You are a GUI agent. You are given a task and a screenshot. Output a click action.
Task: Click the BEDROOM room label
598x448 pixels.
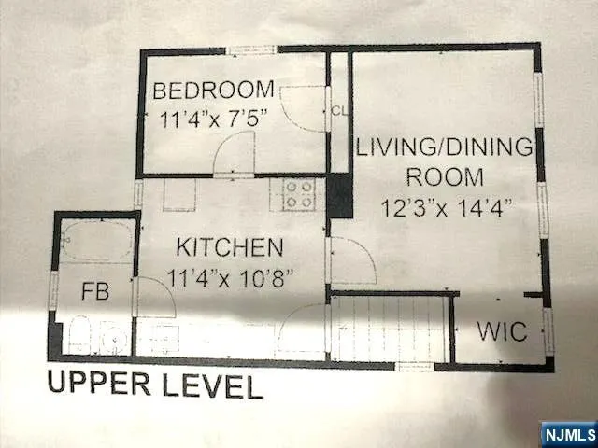[213, 91]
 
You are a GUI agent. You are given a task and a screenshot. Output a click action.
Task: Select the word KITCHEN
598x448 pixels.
[230, 247]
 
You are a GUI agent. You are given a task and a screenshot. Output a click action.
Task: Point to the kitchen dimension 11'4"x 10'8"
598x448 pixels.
[231, 278]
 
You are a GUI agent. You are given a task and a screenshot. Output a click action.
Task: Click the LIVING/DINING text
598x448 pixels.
[445, 147]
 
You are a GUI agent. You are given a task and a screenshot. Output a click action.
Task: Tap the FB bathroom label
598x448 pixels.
[95, 291]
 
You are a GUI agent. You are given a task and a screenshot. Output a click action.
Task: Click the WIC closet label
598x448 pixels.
[503, 332]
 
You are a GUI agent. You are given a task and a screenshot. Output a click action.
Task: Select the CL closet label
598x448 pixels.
[339, 111]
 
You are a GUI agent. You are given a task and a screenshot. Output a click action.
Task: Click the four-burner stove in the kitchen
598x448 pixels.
[299, 195]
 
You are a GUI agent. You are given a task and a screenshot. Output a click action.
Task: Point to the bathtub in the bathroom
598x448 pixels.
[97, 241]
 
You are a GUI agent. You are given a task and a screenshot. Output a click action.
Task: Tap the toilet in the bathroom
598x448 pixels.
[79, 335]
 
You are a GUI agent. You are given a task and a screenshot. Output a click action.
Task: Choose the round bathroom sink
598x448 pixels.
[115, 338]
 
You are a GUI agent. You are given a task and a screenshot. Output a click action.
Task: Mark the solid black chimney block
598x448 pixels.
[339, 195]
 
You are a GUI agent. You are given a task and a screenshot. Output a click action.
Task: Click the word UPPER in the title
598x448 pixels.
[99, 383]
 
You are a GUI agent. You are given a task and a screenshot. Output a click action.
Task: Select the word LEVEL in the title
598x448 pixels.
[213, 385]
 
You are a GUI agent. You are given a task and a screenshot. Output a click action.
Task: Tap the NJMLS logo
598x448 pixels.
[570, 434]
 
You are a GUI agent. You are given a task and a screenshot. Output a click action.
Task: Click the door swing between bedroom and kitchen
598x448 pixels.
[234, 154]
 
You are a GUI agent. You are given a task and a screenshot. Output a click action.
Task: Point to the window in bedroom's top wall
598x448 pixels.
[251, 49]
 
